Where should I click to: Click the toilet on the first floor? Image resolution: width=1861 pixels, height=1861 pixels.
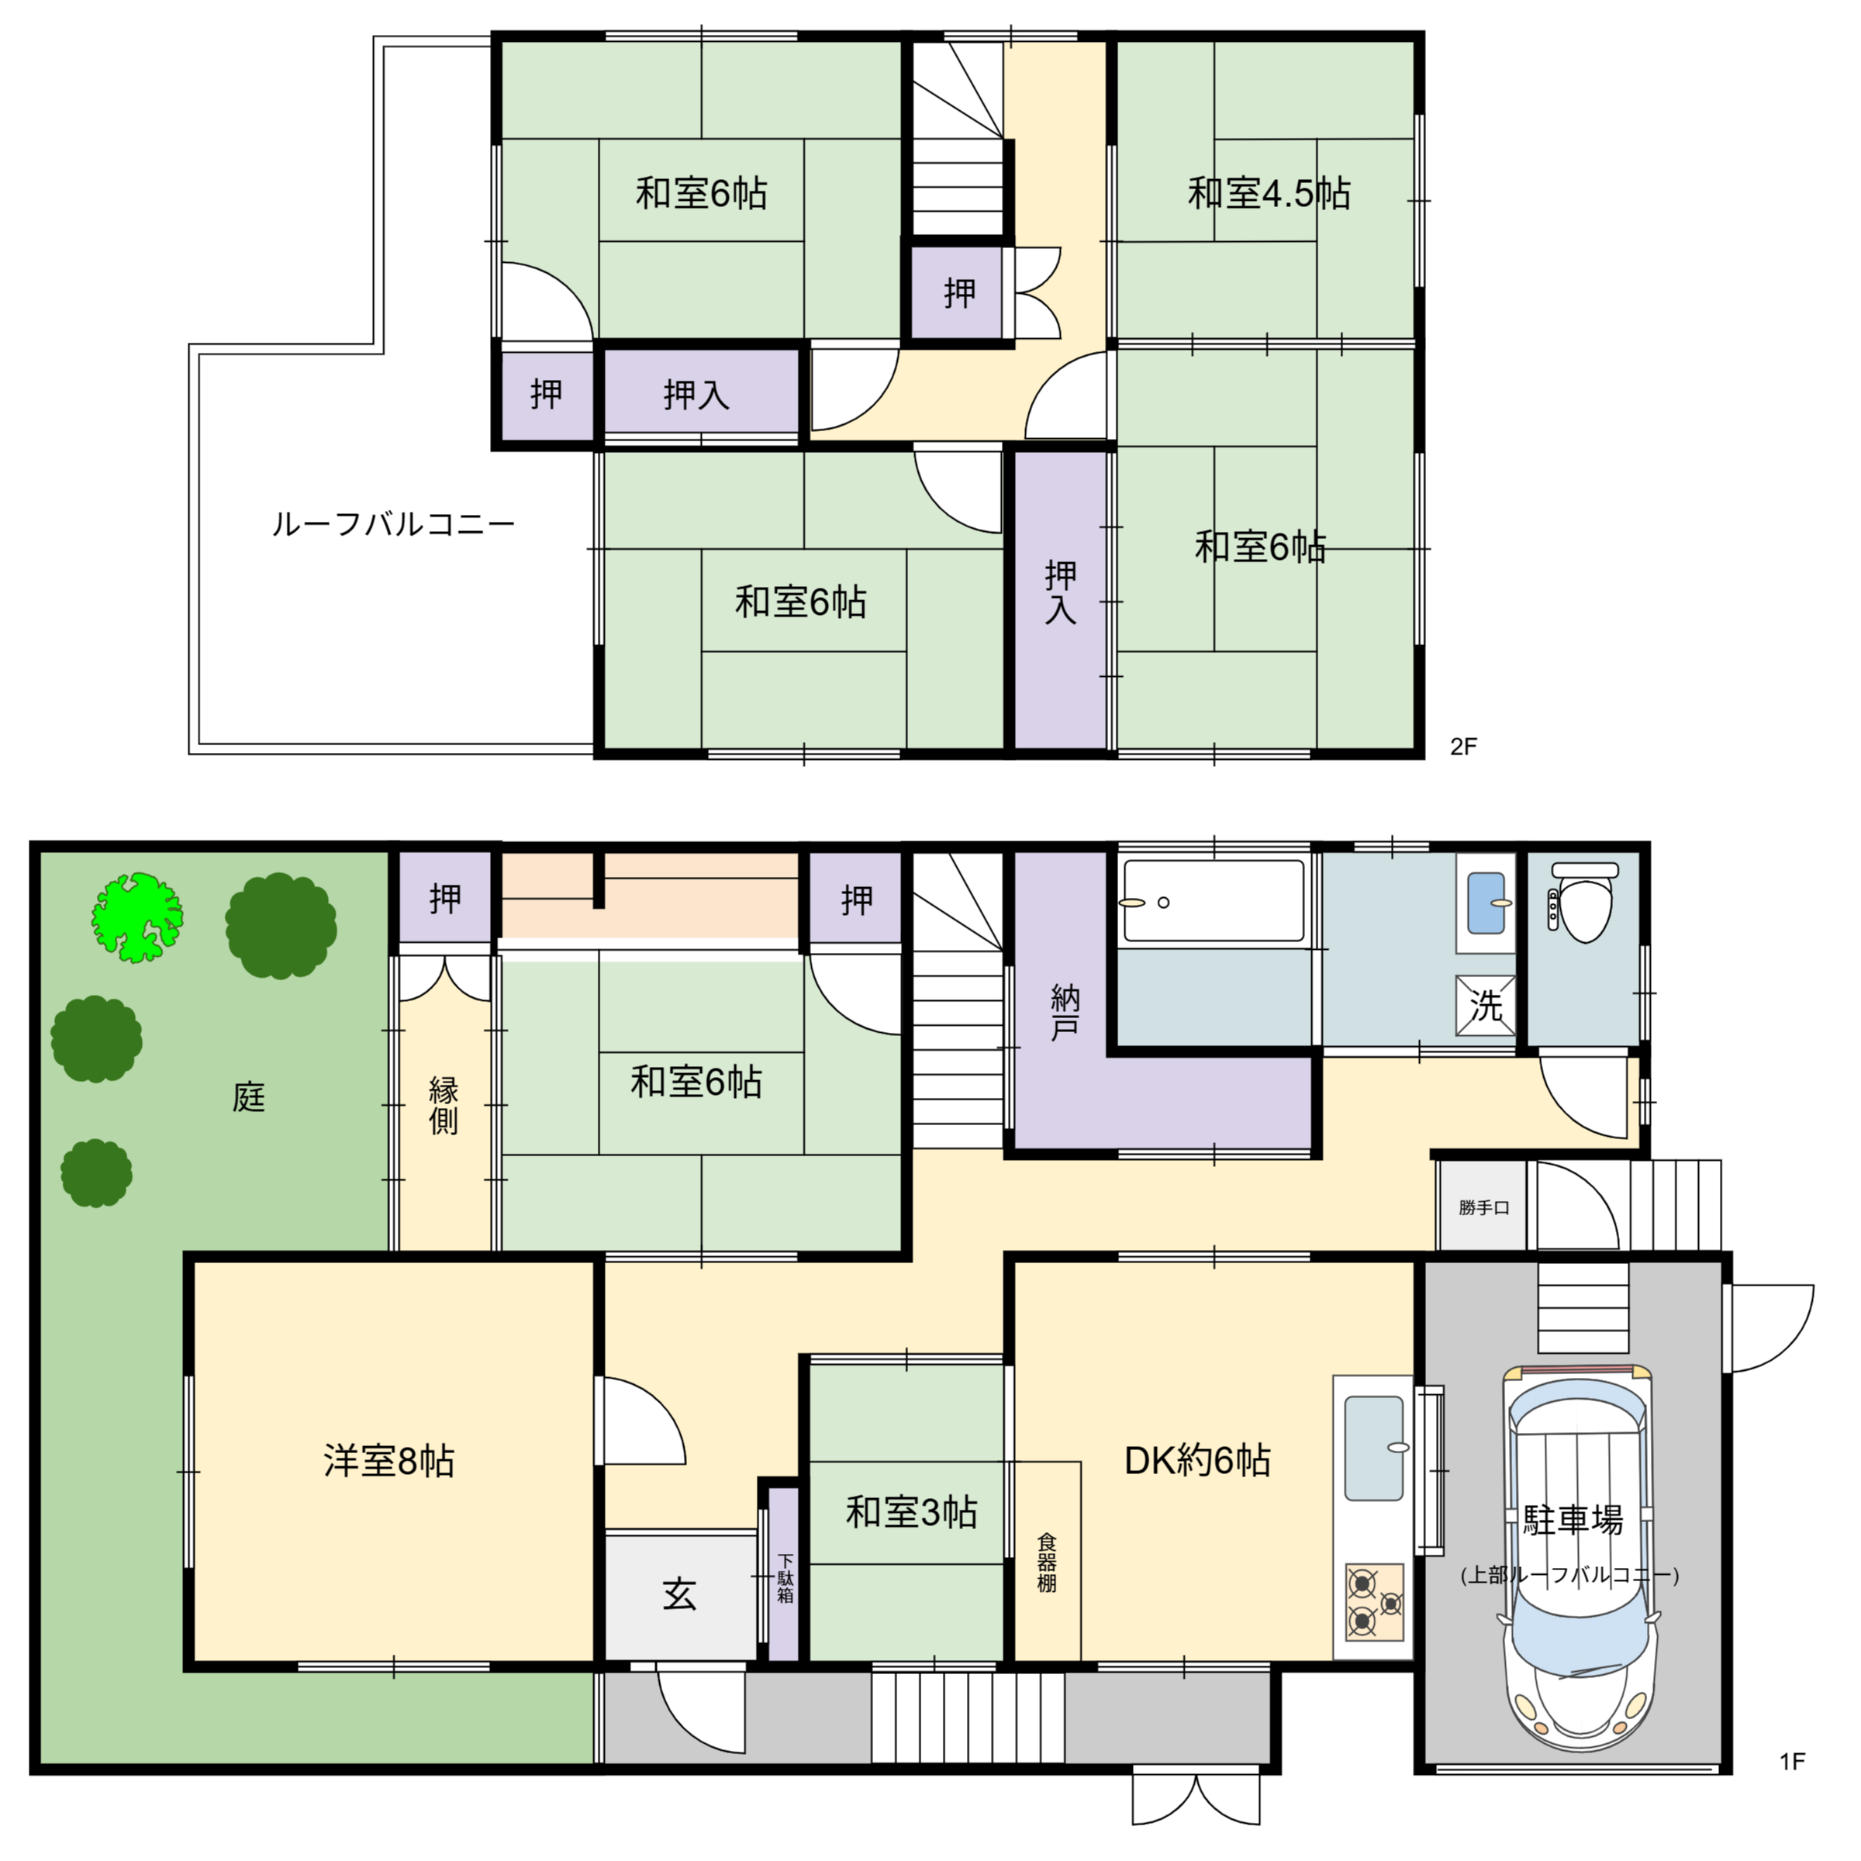click(x=1584, y=906)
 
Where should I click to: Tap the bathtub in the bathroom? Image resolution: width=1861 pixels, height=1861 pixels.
click(x=1214, y=900)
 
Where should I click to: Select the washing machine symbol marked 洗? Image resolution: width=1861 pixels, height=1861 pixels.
click(x=1486, y=1006)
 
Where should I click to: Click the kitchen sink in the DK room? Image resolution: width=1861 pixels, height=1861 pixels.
click(x=1373, y=1448)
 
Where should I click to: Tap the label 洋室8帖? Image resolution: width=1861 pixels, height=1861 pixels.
click(x=389, y=1461)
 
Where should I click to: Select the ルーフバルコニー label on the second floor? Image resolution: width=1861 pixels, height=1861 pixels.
click(x=393, y=525)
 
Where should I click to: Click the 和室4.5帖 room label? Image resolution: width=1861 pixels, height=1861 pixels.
click(x=1269, y=194)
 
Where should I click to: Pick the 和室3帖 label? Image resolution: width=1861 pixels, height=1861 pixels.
click(x=911, y=1512)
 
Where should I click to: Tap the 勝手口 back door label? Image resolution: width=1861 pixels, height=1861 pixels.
click(x=1483, y=1208)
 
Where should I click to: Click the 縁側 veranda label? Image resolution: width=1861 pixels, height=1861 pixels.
click(x=443, y=1106)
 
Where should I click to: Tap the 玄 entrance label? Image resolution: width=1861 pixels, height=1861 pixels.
click(x=679, y=1595)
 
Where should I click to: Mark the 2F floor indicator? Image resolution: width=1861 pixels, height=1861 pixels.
click(x=1463, y=747)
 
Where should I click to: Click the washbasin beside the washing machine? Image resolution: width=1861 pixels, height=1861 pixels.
click(x=1486, y=903)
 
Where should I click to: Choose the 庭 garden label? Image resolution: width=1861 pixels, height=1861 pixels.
click(x=248, y=1097)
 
